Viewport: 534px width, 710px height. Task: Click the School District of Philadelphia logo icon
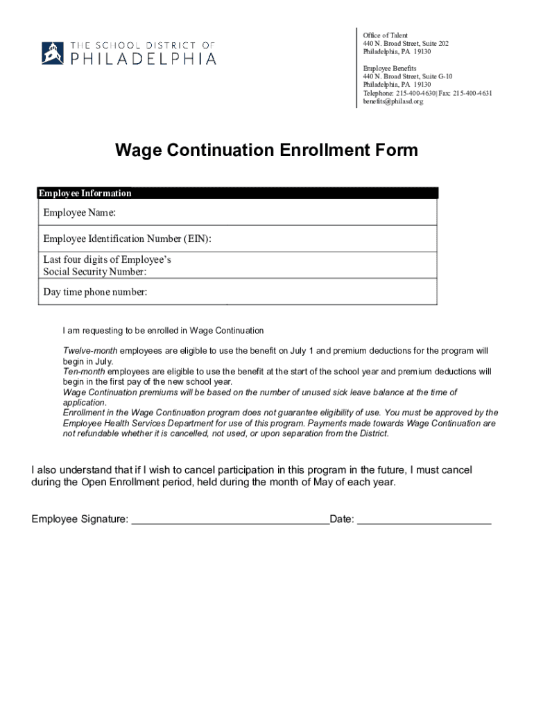(53, 53)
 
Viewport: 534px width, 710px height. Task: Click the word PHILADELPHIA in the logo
(144, 59)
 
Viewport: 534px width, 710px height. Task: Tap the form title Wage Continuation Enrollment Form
(266, 150)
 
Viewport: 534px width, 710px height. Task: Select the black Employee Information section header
(237, 193)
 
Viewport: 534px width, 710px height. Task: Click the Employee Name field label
(79, 212)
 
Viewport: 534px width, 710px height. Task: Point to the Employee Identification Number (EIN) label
(127, 239)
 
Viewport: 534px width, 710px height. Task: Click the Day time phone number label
(95, 292)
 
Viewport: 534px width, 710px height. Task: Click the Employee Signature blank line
(230, 520)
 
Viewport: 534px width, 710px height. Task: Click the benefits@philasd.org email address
(393, 101)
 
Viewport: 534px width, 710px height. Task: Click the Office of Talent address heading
(386, 35)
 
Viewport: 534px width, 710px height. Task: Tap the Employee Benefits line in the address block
(389, 68)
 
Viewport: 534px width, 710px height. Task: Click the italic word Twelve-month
(90, 351)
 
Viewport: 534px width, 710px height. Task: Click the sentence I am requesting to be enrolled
(163, 331)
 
